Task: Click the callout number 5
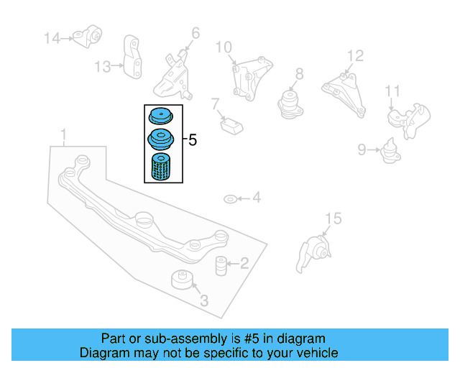(x=192, y=140)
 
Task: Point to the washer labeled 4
(x=229, y=198)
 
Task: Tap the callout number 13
(x=102, y=67)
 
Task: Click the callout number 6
(x=195, y=32)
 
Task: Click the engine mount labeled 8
(x=290, y=101)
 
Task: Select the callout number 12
(x=355, y=55)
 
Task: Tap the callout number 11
(x=392, y=91)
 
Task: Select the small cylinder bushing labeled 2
(x=221, y=264)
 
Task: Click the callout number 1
(x=64, y=134)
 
